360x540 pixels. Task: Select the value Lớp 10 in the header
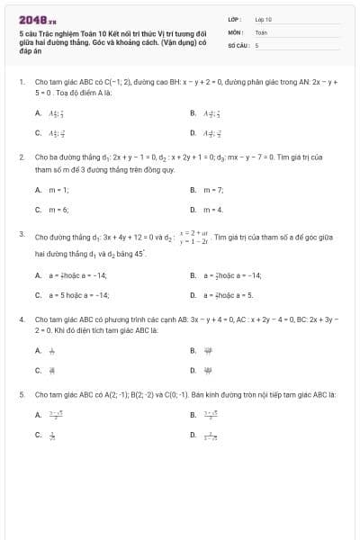(264, 18)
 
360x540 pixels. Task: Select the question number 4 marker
(21, 319)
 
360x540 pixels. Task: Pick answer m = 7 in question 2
(212, 190)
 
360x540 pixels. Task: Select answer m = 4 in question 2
(212, 210)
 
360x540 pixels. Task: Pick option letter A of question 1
(38, 112)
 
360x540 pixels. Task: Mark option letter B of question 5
(193, 415)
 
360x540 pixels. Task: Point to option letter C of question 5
(38, 435)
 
